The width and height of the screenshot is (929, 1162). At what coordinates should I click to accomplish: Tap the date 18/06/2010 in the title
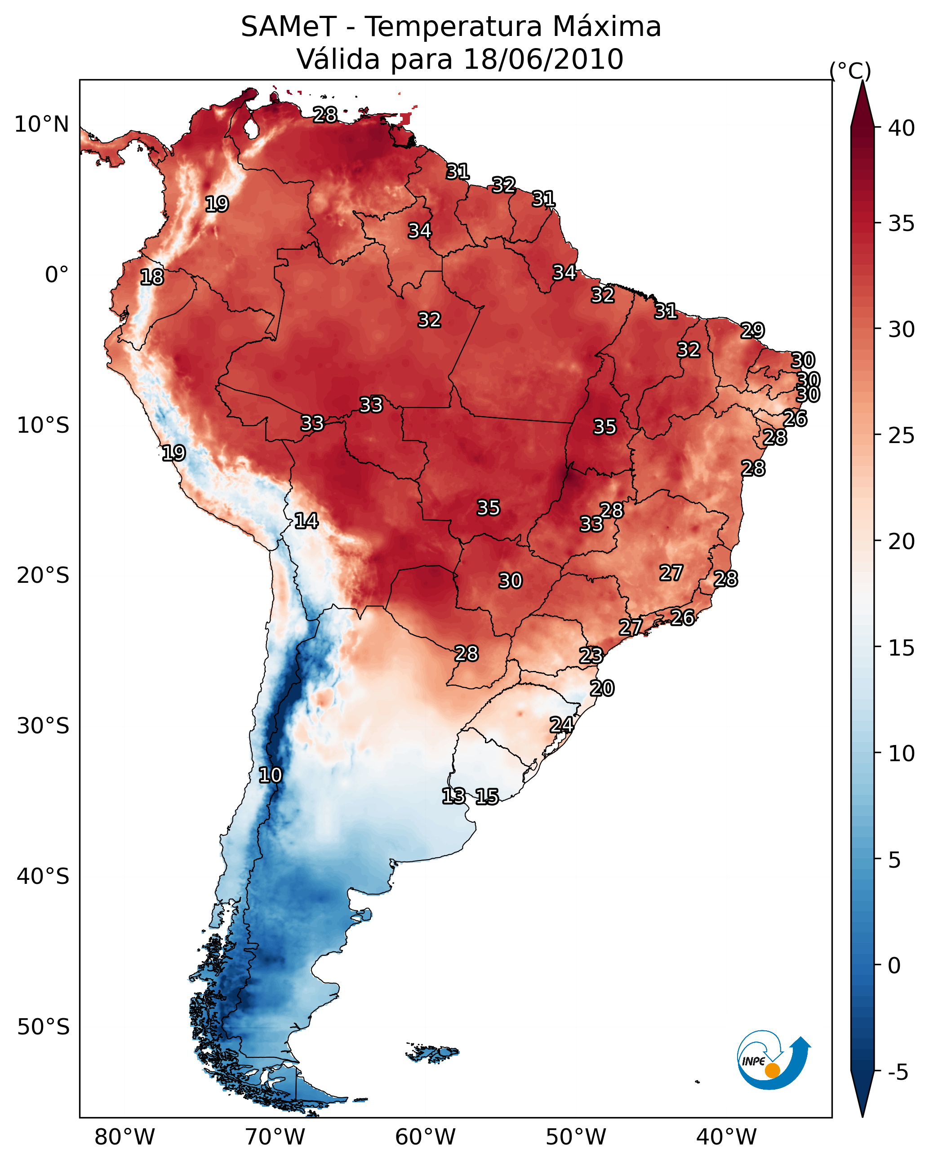point(543,59)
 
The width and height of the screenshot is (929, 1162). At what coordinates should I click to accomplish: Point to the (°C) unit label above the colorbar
point(850,71)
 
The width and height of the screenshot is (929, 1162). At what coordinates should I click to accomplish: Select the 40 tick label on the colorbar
point(901,128)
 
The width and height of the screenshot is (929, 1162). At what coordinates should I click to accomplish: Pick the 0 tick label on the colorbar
point(893,965)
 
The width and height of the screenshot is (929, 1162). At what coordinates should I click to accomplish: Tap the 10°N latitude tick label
point(41,124)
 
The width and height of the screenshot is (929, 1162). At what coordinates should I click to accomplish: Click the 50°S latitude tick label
point(43,1027)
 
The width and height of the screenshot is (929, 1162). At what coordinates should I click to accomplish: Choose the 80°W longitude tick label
point(124,1137)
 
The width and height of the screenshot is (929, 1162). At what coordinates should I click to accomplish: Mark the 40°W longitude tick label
point(726,1137)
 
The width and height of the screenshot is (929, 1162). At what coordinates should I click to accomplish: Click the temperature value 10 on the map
point(270,775)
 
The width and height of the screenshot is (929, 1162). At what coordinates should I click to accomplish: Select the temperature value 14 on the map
point(306,521)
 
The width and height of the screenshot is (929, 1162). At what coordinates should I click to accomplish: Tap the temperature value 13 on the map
point(453,796)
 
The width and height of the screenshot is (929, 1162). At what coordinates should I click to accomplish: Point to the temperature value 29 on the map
point(752,330)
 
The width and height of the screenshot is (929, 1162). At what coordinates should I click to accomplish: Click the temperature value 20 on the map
point(602,688)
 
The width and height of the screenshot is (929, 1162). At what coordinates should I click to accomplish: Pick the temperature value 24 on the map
point(561,725)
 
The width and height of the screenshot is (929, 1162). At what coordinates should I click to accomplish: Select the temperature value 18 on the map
point(152,277)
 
